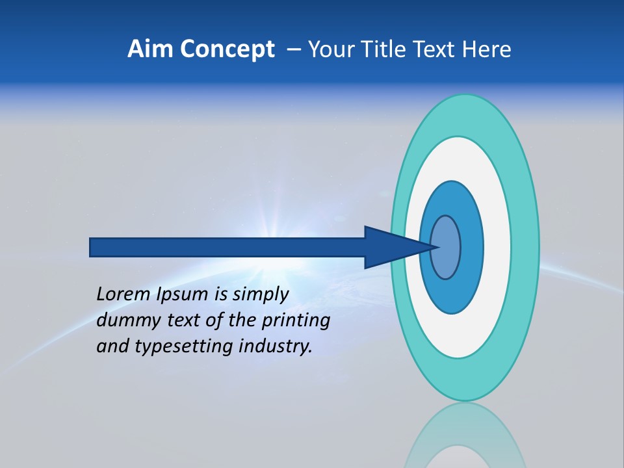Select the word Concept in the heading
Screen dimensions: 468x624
(x=227, y=49)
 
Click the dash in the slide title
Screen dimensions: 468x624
(x=293, y=49)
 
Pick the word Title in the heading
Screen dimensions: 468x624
(x=382, y=49)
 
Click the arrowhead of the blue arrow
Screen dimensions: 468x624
(x=396, y=247)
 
